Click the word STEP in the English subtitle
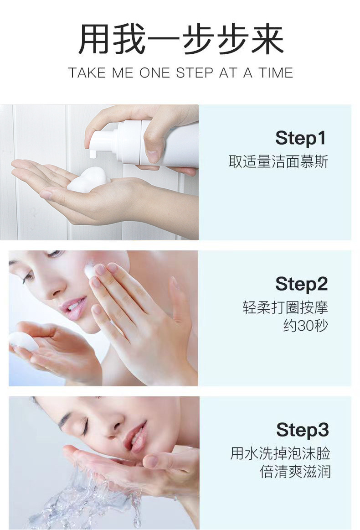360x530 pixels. pos(195,73)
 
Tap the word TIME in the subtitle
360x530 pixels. pos(276,73)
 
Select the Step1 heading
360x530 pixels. pos(301,138)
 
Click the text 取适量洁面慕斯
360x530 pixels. pos(278,161)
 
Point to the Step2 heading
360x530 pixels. pos(302,284)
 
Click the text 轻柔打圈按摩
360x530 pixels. pos(285,307)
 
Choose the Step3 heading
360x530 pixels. pos(303,430)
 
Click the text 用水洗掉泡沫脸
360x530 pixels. pos(280,453)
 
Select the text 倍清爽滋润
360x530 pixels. pos(295,472)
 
